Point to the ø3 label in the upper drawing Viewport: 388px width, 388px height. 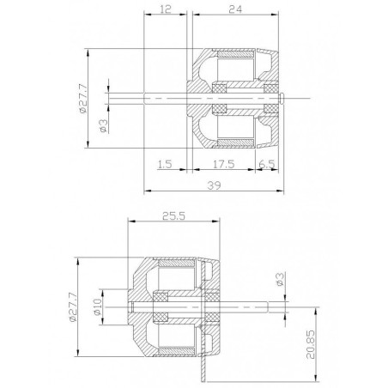coord(101,126)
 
